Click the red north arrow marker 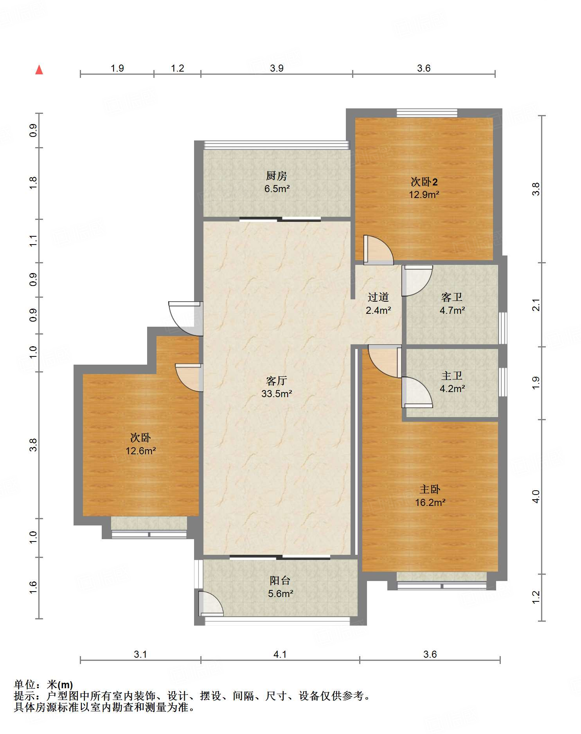(39, 70)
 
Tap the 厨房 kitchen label (277, 176)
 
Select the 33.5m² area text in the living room (277, 394)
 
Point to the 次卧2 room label (424, 182)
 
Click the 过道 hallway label (378, 297)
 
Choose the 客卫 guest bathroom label (452, 297)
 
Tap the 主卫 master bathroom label (452, 376)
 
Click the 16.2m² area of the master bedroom (430, 502)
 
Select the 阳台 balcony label (280, 581)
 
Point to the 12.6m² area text (140, 451)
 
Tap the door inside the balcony (210, 603)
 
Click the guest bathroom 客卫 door (417, 281)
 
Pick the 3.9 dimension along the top (277, 68)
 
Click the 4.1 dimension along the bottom (280, 654)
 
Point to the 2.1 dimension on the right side (536, 305)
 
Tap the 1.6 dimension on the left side (33, 587)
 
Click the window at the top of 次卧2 (427, 113)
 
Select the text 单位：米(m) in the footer (43, 684)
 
